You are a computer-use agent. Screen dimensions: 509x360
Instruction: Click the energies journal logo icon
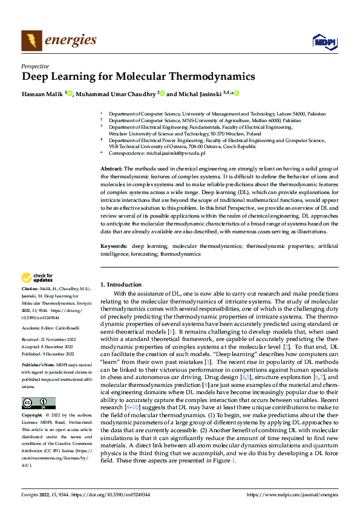click(x=31, y=41)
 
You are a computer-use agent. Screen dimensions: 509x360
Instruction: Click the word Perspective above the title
click(x=35, y=66)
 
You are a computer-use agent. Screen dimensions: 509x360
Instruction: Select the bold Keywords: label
click(x=113, y=247)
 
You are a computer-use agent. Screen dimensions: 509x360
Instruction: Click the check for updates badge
click(x=37, y=278)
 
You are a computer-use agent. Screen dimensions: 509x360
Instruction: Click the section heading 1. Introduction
click(x=121, y=284)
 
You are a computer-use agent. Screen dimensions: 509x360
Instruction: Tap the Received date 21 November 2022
click(x=59, y=339)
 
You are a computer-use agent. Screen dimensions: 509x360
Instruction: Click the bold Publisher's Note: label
click(x=38, y=365)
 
